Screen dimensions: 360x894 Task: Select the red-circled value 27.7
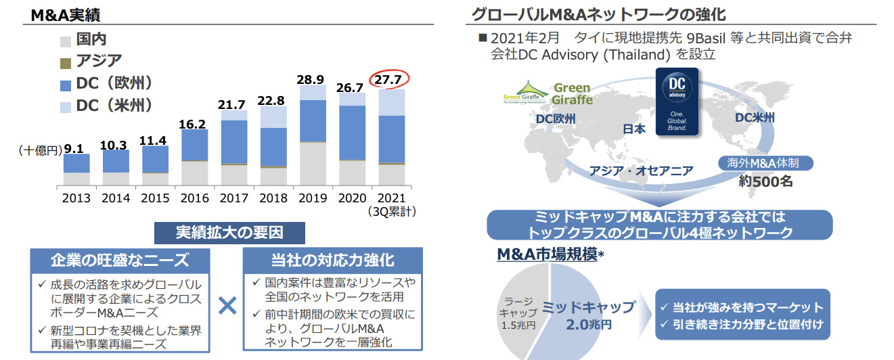389,81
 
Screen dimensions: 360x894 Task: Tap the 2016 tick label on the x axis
194,198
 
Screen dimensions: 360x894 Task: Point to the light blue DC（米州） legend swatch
66,107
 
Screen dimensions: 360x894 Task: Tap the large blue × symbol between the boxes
228,307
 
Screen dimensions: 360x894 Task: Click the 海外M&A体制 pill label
765,163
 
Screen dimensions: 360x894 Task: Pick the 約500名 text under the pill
765,181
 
